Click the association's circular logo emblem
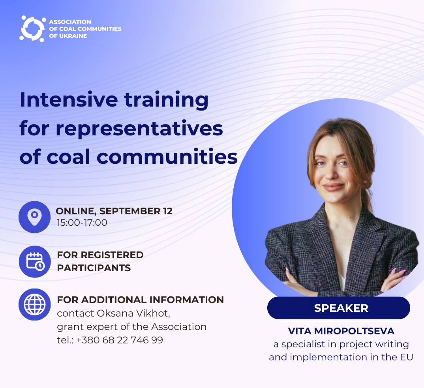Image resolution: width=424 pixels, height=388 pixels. [32, 29]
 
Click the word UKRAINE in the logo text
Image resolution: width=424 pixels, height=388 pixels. [72, 36]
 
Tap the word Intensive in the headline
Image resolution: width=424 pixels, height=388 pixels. [69, 100]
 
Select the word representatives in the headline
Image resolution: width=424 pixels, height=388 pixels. [139, 129]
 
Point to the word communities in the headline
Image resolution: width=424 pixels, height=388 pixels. [167, 157]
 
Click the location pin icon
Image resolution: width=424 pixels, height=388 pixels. [34, 217]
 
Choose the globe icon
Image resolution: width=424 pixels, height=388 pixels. [35, 304]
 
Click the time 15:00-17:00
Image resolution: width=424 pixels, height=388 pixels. [82, 223]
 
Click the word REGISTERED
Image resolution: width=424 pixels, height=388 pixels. [112, 255]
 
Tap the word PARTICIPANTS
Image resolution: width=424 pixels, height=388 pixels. [94, 268]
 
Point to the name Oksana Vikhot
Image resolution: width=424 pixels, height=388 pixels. [133, 313]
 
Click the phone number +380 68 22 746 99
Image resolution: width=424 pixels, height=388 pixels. [120, 340]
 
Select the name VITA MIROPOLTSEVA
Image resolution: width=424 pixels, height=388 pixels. [341, 331]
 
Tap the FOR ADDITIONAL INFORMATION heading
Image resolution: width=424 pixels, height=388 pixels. [140, 300]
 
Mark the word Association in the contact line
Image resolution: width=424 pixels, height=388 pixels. [179, 327]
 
